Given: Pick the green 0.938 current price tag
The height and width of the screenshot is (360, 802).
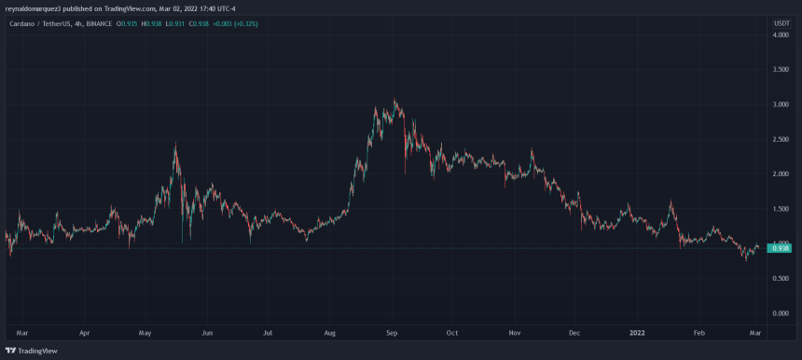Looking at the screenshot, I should click(x=781, y=248).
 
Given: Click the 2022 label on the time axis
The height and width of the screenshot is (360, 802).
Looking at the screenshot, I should click(x=636, y=331).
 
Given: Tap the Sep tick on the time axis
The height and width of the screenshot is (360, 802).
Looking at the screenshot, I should click(x=393, y=331).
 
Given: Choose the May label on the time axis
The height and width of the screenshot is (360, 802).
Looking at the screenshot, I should click(x=145, y=331).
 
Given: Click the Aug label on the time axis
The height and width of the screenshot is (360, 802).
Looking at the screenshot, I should click(x=330, y=331).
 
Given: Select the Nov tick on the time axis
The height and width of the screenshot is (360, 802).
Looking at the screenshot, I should click(x=515, y=331).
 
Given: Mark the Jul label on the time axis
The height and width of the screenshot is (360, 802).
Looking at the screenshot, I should click(x=269, y=331).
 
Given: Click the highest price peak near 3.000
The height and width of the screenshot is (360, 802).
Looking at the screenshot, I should click(x=395, y=101).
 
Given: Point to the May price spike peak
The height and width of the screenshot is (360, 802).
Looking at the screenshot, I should click(x=174, y=144).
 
